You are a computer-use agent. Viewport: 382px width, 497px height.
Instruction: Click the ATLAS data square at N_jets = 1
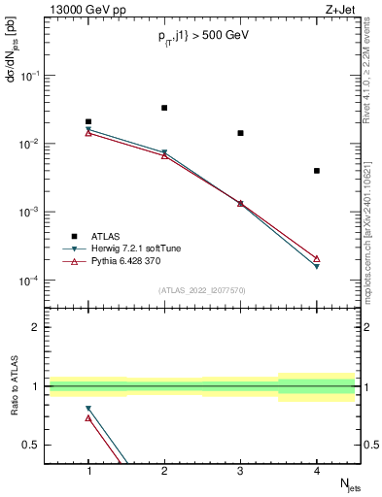[x=88, y=121]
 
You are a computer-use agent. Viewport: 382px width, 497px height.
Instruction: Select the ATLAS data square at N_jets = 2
[x=164, y=108]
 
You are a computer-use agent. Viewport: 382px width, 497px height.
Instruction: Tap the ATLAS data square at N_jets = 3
[x=240, y=133]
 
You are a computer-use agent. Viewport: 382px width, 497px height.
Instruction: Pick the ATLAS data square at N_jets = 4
[x=317, y=171]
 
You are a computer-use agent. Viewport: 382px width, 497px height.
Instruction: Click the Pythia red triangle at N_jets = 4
[x=317, y=258]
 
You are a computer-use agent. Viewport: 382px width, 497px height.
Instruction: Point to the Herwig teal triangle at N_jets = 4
[x=317, y=266]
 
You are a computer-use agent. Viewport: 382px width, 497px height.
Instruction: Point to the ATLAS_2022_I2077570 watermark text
[x=202, y=289]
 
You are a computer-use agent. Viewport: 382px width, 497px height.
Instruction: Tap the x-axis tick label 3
[x=240, y=470]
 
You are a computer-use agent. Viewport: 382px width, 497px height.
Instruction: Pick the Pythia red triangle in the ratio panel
[x=88, y=418]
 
